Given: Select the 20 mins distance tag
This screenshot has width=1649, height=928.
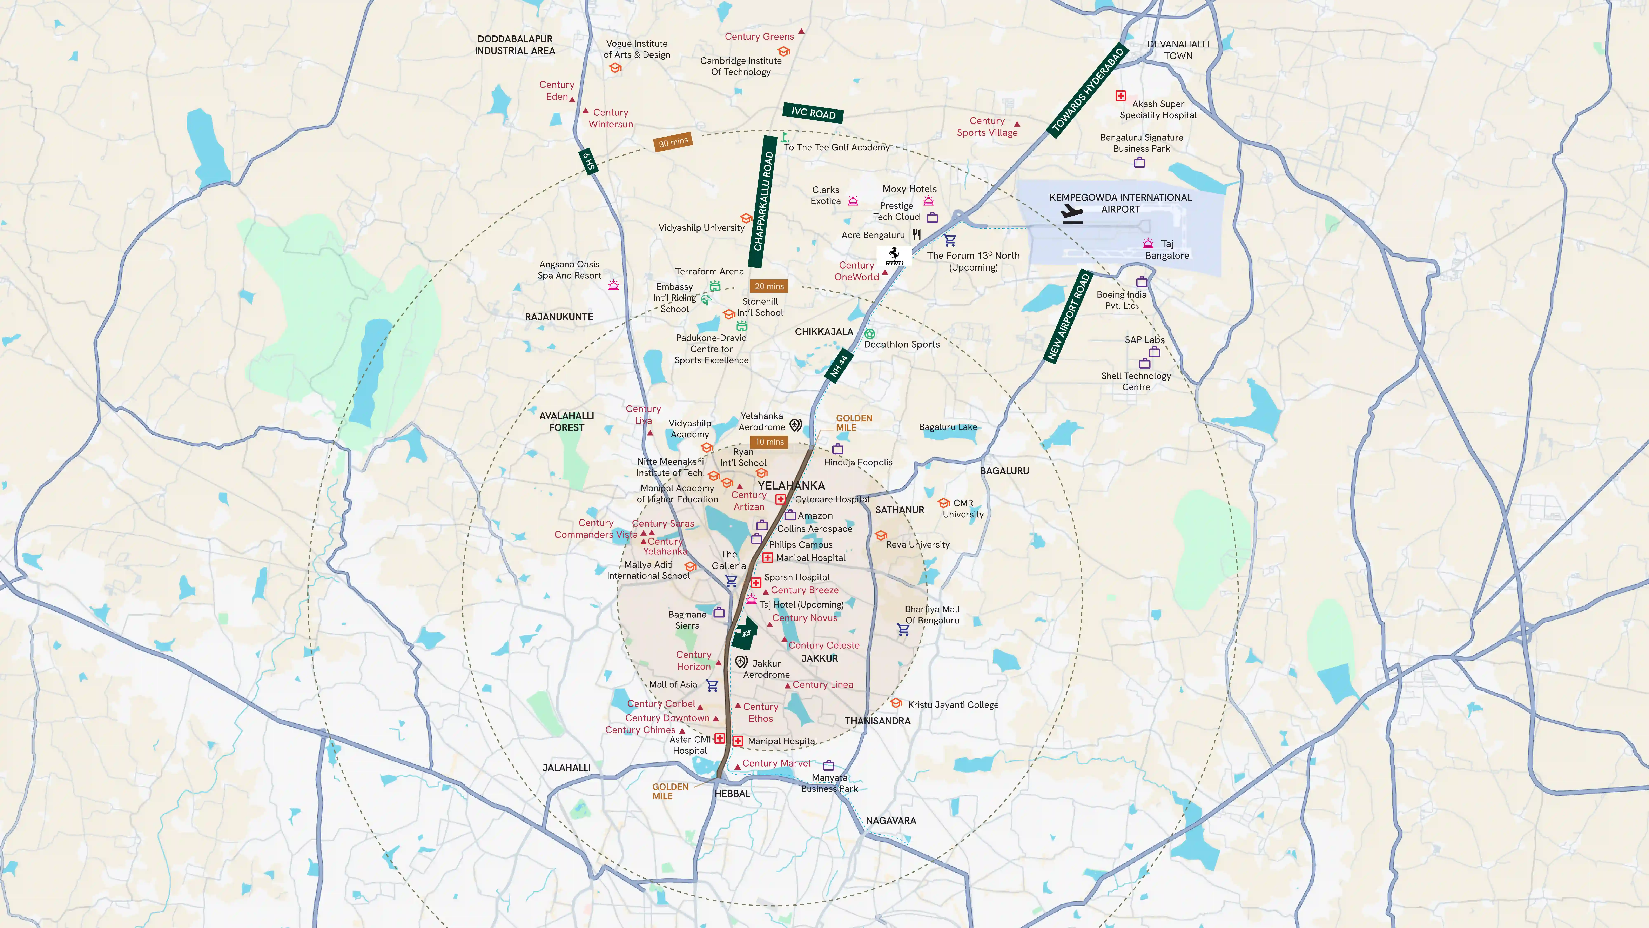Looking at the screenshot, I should click(x=769, y=286).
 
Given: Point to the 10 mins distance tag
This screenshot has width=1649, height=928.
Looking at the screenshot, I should click(x=769, y=442).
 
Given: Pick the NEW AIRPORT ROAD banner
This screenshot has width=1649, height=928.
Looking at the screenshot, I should click(x=1068, y=316).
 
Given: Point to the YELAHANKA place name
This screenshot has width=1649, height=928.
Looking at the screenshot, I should click(x=791, y=485).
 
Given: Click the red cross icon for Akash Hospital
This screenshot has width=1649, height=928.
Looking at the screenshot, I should click(x=1120, y=95).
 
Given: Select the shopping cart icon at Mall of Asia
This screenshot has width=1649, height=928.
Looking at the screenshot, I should click(x=712, y=685).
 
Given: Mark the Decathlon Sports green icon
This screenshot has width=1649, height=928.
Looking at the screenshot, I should click(x=869, y=334).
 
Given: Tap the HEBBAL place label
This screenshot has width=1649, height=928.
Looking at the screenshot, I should click(x=732, y=794).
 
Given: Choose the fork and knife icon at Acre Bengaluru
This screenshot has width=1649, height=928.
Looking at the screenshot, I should click(x=917, y=234).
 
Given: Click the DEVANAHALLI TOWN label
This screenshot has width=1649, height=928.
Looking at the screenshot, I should click(x=1178, y=50).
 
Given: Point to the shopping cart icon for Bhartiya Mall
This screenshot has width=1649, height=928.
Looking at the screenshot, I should click(x=903, y=630).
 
